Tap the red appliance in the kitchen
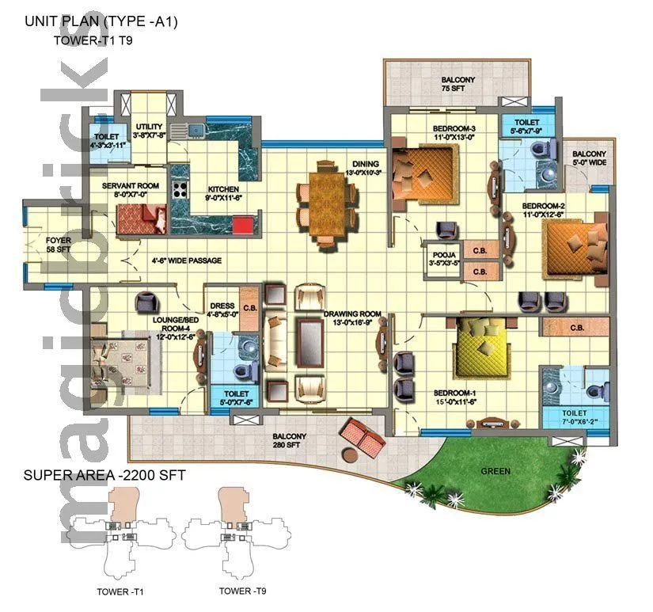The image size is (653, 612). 243,226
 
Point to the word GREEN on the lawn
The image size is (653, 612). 495,471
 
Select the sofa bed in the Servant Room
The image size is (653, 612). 141,217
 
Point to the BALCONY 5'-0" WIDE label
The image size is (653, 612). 589,159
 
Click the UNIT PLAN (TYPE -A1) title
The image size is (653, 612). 101,22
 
